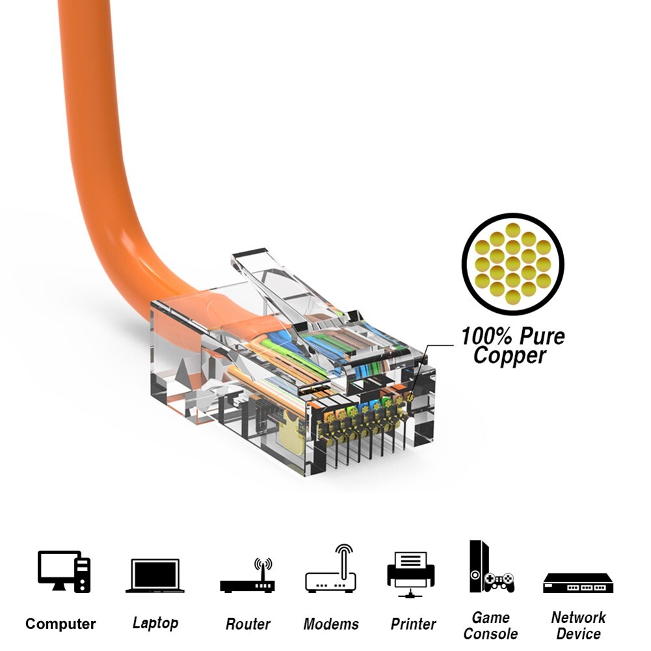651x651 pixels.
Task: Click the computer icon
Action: tap(64, 571)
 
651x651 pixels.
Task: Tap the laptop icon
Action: tap(155, 576)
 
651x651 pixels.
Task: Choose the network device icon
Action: tap(578, 583)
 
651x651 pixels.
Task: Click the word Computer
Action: tap(60, 624)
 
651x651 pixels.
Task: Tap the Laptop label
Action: tap(155, 623)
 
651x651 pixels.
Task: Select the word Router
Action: tap(247, 624)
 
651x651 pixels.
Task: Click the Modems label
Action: tap(331, 624)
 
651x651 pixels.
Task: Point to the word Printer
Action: tap(413, 624)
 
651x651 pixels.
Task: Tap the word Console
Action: tap(491, 633)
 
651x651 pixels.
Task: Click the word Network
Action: tap(578, 617)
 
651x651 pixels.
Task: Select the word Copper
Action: tap(509, 356)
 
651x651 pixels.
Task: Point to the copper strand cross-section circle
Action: tap(512, 265)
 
